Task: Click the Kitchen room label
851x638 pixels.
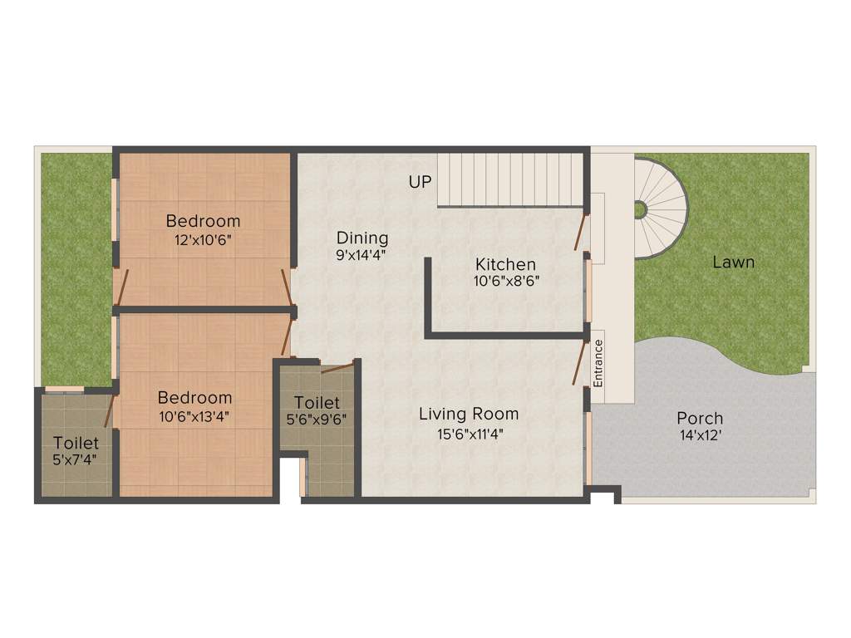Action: (505, 264)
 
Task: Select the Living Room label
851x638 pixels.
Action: (469, 414)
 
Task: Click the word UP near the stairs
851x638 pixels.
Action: (421, 181)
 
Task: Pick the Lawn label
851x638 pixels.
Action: (734, 263)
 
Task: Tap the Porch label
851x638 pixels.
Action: (700, 418)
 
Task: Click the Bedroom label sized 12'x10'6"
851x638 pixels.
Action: (203, 221)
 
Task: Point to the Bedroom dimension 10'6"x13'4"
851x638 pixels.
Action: (195, 416)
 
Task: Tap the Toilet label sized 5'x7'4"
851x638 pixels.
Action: (76, 443)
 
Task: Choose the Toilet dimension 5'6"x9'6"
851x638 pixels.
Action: (317, 420)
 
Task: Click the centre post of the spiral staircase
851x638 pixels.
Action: (640, 209)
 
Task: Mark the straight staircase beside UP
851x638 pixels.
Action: (510, 178)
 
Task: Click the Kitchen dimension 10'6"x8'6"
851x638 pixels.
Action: (507, 282)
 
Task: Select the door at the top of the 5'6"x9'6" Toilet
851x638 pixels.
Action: (338, 367)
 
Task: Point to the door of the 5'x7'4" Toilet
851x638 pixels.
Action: (110, 411)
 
